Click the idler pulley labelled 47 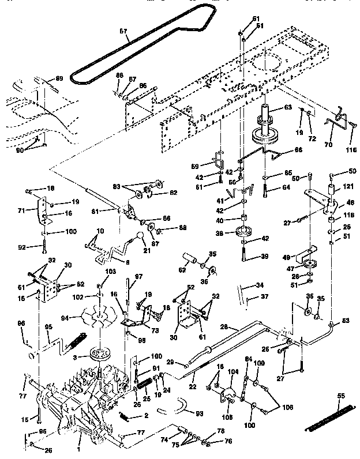(310, 266)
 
